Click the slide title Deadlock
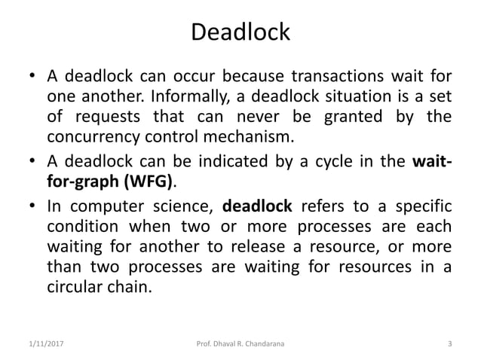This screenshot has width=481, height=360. coord(240,33)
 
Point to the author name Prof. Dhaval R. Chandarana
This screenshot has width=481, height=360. coord(240,346)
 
